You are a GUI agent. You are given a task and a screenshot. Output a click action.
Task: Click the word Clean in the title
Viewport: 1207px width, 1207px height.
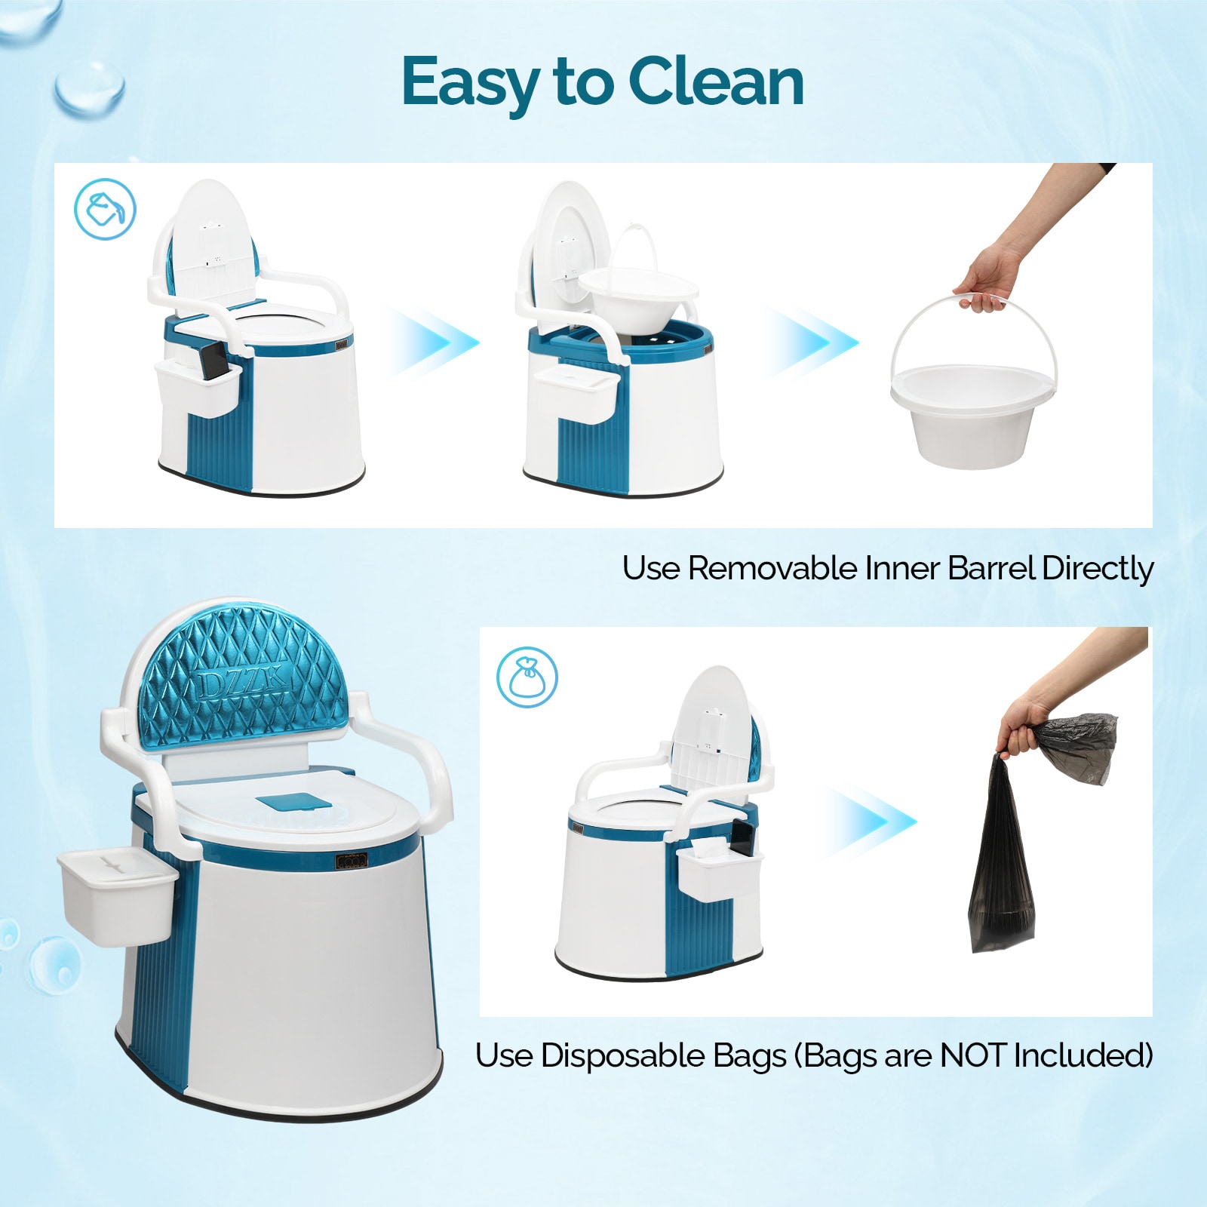point(716,81)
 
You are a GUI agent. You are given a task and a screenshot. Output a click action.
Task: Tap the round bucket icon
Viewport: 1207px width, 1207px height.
point(105,209)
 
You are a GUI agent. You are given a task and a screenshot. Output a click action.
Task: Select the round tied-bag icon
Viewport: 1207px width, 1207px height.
point(527,677)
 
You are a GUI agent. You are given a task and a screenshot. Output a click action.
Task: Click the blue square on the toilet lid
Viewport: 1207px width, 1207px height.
point(293,802)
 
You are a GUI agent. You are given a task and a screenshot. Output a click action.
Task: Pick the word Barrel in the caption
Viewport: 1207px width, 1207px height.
point(991,568)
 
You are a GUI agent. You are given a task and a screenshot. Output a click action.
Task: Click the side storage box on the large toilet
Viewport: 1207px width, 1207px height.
point(117,897)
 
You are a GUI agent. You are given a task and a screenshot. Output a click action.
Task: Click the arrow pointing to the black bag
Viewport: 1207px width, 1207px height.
point(870,822)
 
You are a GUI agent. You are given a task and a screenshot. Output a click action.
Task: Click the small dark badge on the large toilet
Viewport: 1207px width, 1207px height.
point(352,861)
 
